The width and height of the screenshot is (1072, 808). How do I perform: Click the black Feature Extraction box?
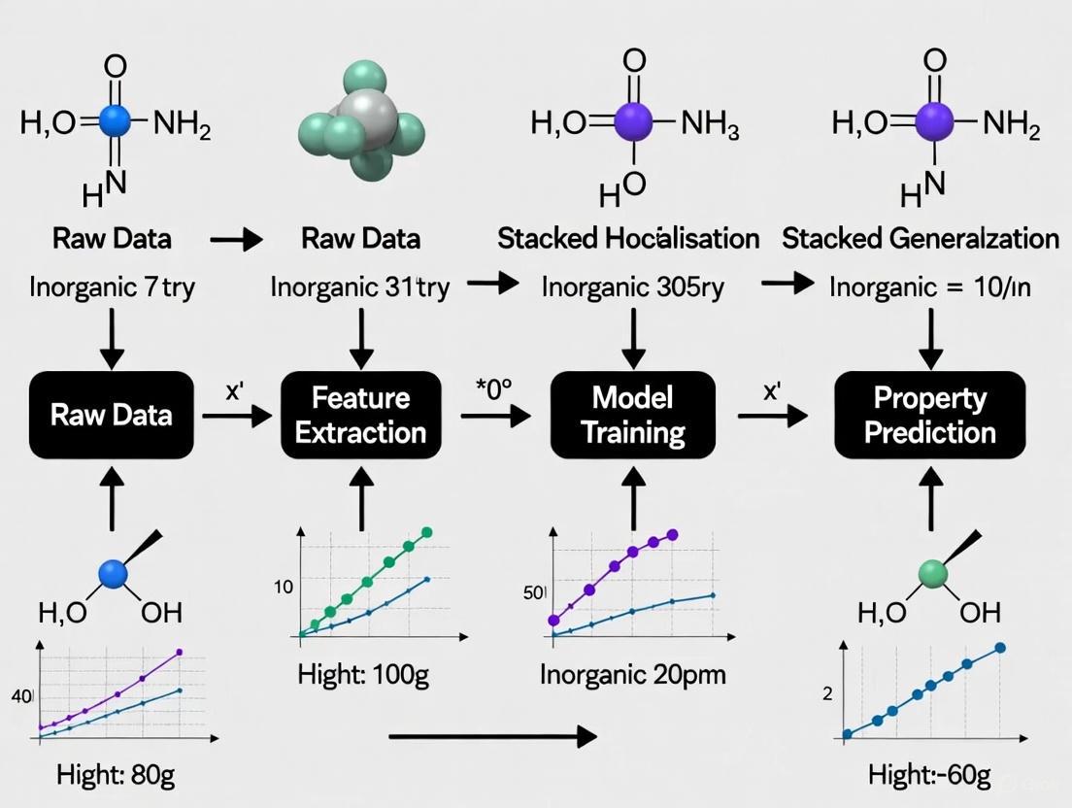click(360, 415)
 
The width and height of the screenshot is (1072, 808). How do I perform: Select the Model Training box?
click(632, 415)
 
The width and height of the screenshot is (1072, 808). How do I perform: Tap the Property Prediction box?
click(929, 415)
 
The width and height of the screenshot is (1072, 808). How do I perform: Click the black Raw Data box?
click(113, 415)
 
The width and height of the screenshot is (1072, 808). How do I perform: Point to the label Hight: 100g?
click(363, 675)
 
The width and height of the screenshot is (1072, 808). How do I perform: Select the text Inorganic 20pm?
click(632, 673)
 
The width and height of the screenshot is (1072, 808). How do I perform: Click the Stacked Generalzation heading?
click(921, 238)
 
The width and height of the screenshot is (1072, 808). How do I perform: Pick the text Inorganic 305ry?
click(632, 287)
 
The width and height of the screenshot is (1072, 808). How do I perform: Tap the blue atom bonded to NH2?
click(116, 121)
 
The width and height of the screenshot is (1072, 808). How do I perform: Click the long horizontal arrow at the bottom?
click(491, 737)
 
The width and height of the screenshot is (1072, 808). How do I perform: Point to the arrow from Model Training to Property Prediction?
click(773, 416)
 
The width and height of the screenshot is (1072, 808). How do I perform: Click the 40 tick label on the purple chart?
click(21, 696)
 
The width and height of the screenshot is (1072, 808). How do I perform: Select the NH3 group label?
click(710, 123)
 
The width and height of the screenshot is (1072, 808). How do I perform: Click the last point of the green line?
click(425, 532)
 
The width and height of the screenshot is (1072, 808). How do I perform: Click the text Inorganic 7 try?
click(113, 287)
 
